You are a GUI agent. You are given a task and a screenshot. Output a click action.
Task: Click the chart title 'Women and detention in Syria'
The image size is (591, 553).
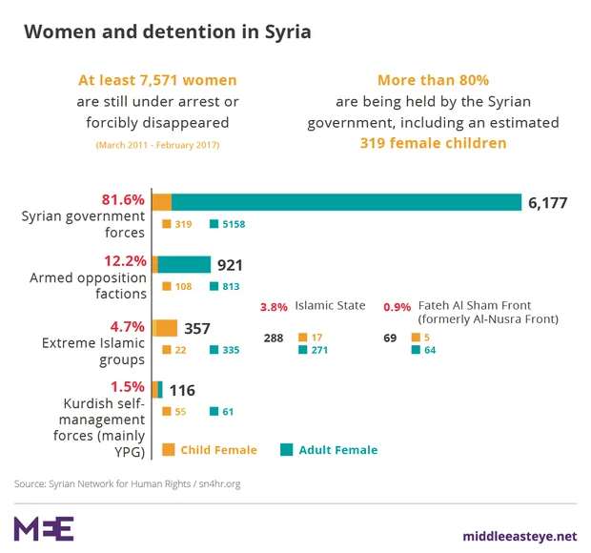click(167, 31)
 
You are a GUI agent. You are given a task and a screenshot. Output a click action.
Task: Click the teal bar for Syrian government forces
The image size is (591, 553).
click(346, 202)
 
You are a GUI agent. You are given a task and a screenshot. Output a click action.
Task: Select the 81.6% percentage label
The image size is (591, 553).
click(123, 200)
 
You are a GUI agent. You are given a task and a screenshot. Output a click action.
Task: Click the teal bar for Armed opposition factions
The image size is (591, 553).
click(184, 264)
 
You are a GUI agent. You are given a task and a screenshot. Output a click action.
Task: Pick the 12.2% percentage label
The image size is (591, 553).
click(123, 260)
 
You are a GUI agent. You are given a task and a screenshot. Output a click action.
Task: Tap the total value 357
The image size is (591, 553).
click(197, 329)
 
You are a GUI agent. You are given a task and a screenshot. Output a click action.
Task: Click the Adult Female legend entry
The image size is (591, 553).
click(330, 450)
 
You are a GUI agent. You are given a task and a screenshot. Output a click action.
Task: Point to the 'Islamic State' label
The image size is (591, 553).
click(330, 306)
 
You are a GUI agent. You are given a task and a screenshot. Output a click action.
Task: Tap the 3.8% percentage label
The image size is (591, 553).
click(274, 307)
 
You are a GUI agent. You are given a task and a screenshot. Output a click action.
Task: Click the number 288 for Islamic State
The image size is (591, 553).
click(275, 338)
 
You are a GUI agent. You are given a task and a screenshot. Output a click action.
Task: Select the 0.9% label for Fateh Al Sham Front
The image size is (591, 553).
click(397, 307)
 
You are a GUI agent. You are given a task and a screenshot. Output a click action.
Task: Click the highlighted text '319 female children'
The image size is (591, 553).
click(433, 143)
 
